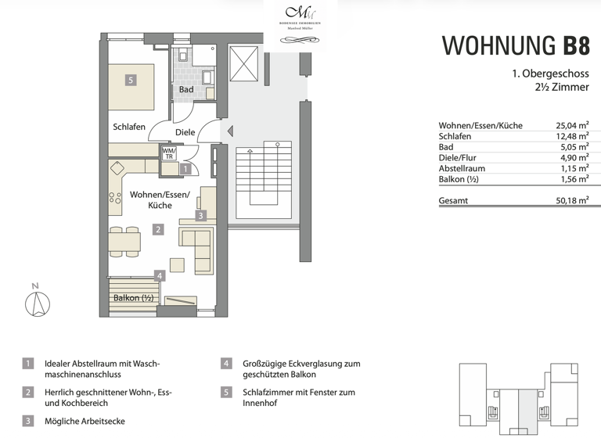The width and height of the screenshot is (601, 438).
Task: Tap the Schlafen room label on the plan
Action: pos(129,127)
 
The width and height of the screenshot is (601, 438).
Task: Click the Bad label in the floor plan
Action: pos(186,90)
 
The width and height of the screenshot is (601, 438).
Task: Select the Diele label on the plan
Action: pos(185,132)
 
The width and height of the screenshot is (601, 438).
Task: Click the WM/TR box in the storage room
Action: pos(168,153)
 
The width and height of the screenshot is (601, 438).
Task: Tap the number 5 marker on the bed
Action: pos(131,80)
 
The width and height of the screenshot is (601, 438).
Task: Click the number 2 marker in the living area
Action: pos(158,230)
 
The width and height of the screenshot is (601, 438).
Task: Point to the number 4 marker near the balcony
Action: pos(160,275)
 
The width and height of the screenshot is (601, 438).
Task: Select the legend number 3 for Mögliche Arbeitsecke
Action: pos(28,421)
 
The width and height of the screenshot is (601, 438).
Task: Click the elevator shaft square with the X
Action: pos(244,61)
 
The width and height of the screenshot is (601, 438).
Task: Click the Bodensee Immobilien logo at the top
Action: pos(300,16)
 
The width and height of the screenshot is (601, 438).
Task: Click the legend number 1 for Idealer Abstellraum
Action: pos(28,364)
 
